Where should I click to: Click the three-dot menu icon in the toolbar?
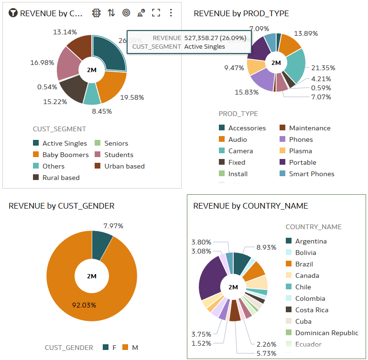click(171, 13)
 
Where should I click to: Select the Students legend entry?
click(119, 155)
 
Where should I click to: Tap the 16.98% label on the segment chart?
click(42, 63)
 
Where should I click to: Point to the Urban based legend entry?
click(124, 166)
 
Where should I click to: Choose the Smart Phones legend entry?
click(311, 174)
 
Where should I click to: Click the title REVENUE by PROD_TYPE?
click(241, 13)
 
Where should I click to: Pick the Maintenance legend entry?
click(309, 128)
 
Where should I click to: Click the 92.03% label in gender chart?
click(84, 305)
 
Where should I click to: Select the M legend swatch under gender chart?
click(127, 348)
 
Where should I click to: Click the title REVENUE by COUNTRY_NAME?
click(250, 206)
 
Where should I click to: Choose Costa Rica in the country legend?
click(311, 310)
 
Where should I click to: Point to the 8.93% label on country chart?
click(266, 247)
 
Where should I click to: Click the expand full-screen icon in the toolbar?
click(156, 13)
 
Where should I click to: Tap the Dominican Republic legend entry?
click(326, 333)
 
